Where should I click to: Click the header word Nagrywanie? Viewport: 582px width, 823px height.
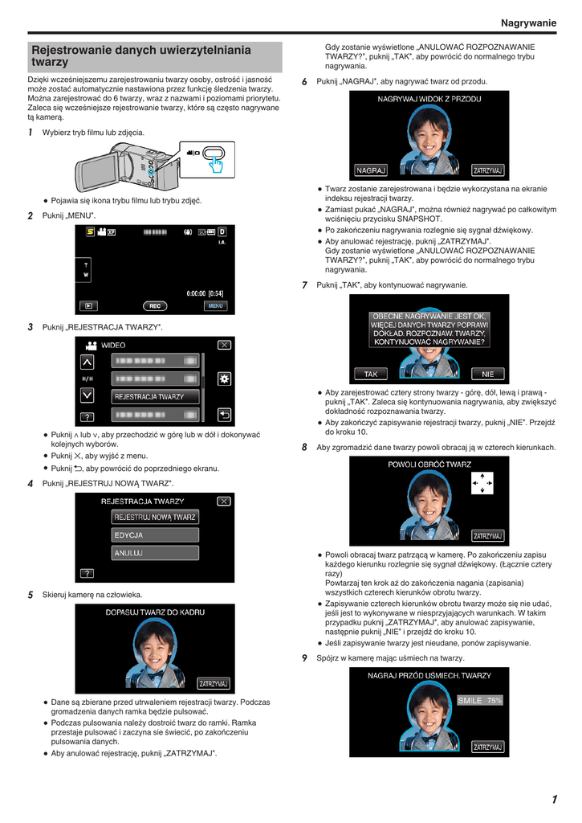[x=528, y=23]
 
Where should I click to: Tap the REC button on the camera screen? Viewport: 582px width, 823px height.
[x=155, y=306]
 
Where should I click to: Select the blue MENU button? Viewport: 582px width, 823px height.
[x=215, y=306]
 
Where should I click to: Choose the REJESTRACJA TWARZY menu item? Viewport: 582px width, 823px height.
[x=155, y=397]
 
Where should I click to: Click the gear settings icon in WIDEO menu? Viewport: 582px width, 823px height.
[x=225, y=379]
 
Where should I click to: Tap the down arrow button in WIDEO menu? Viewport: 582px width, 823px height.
[x=87, y=395]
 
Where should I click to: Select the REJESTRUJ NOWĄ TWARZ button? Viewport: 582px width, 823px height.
[x=155, y=517]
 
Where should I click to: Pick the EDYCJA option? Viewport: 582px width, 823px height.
[x=155, y=534]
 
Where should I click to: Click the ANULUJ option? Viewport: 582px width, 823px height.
[x=155, y=553]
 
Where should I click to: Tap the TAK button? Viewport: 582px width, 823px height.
[x=371, y=374]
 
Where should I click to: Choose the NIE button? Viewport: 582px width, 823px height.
[x=487, y=374]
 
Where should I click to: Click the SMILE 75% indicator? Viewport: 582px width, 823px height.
[x=480, y=700]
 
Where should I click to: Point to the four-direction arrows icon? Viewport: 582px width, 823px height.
[x=482, y=483]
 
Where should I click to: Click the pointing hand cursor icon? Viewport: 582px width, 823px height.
[x=215, y=164]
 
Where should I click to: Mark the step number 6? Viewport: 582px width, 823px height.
[x=304, y=82]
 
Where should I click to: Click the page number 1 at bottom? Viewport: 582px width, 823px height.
[x=554, y=800]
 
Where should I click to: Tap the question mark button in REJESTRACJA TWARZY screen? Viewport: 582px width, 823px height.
[x=87, y=574]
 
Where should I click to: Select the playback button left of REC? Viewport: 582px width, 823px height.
[x=88, y=306]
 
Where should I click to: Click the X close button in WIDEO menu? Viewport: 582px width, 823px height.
[x=225, y=345]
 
